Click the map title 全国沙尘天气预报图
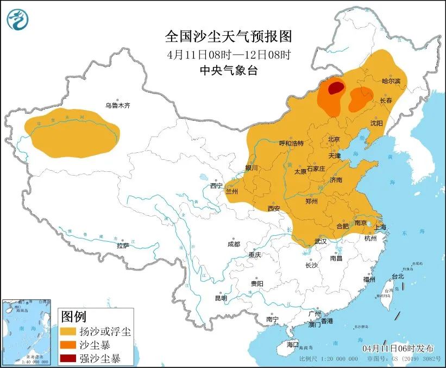228,36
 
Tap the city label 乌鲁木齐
117,106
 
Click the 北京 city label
334,139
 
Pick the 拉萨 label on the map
123,245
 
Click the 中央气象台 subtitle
228,69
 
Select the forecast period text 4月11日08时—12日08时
228,54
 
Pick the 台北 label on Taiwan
398,276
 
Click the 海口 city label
292,344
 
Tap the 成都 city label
234,244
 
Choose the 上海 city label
380,227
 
